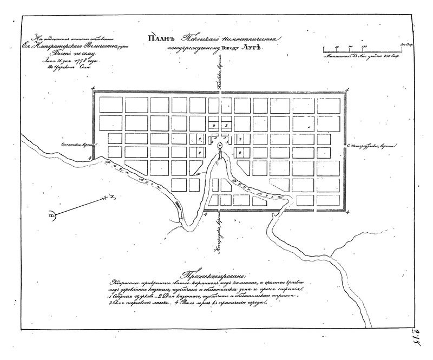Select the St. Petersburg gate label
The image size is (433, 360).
(x=374, y=145)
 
